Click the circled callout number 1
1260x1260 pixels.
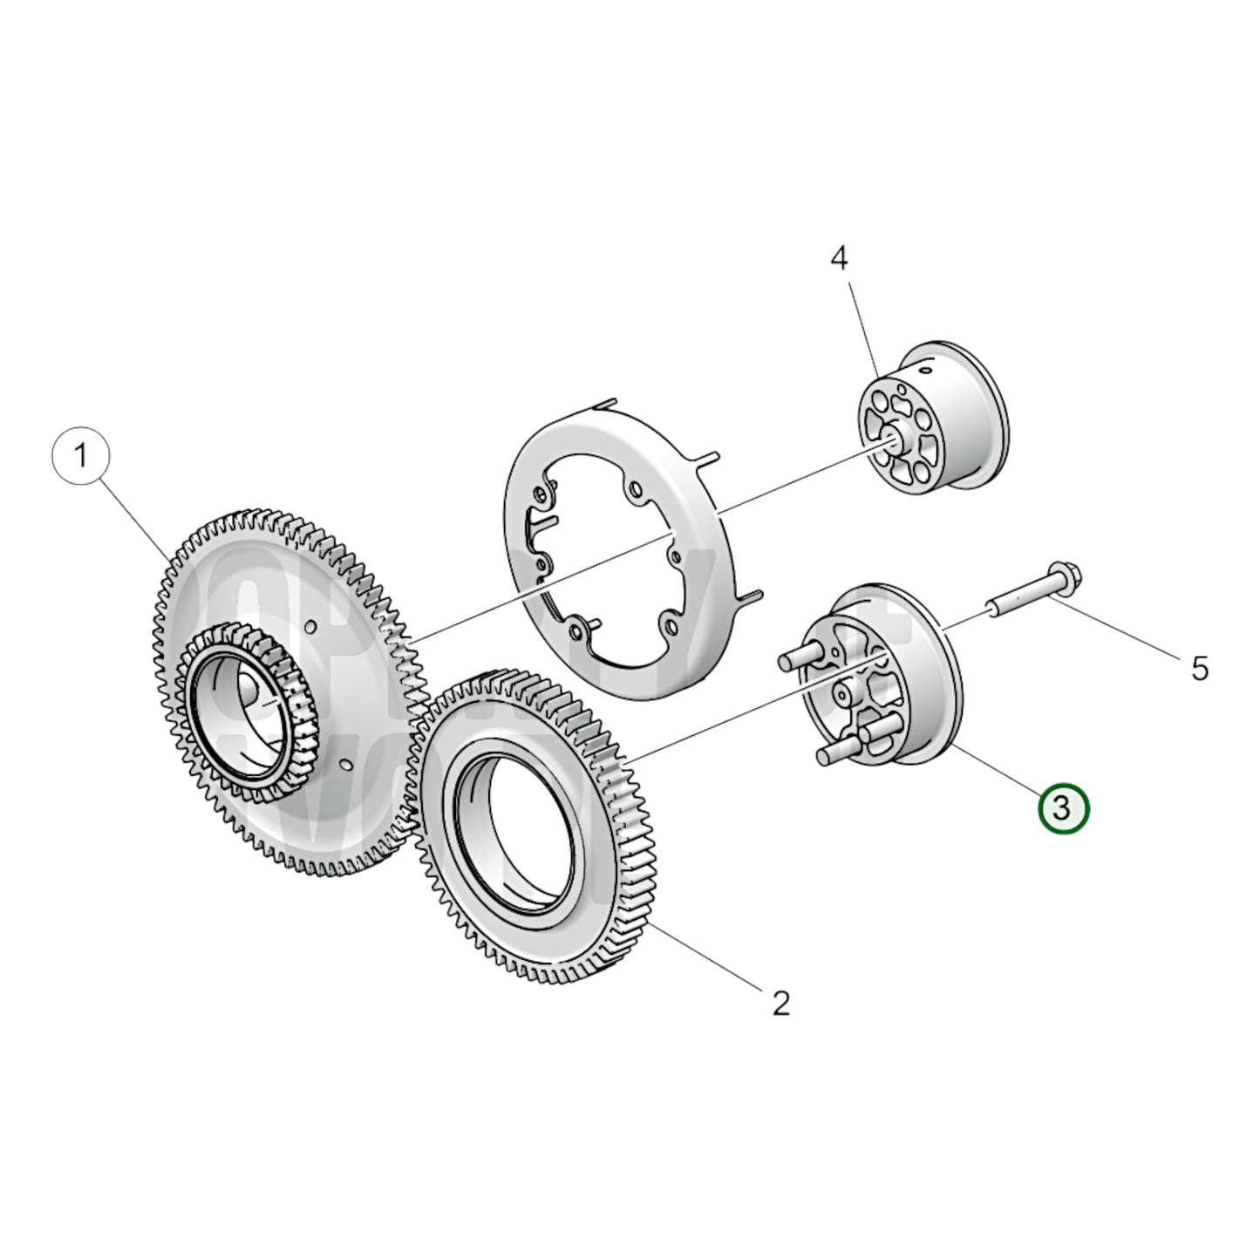(x=81, y=456)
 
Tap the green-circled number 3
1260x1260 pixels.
(x=1063, y=807)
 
